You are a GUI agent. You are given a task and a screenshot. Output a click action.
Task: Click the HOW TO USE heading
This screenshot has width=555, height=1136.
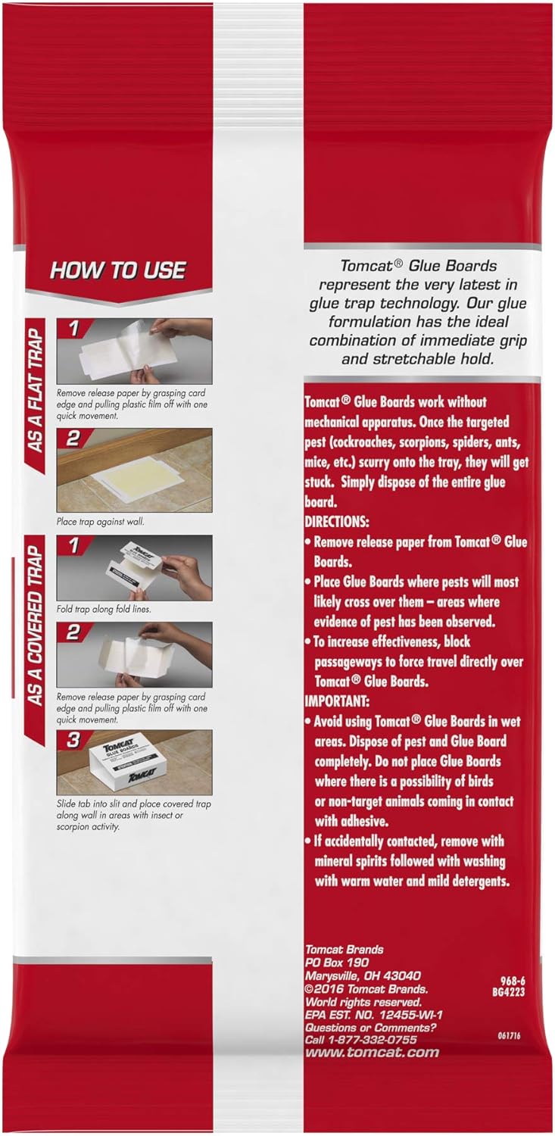117,271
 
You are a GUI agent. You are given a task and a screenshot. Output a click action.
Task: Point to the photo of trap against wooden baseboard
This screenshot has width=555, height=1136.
135,470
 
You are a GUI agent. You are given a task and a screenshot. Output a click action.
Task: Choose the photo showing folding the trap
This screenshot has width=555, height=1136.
135,568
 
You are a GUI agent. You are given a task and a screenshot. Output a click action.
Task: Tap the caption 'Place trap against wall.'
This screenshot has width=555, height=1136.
98,521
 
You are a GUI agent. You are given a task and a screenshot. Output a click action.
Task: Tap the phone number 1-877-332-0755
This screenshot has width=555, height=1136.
369,1040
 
